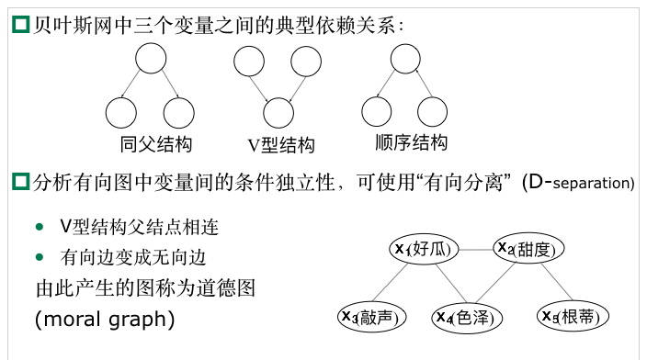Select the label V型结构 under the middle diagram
pos(281,144)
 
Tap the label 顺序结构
pos(411,143)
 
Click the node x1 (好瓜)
pos(424,248)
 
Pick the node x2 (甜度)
pos(528,248)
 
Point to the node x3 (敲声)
pos(371,317)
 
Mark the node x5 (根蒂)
pos(572,317)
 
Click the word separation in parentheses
pos(594,183)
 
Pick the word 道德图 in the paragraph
pos(229,288)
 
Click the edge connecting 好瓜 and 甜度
pos(474,248)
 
